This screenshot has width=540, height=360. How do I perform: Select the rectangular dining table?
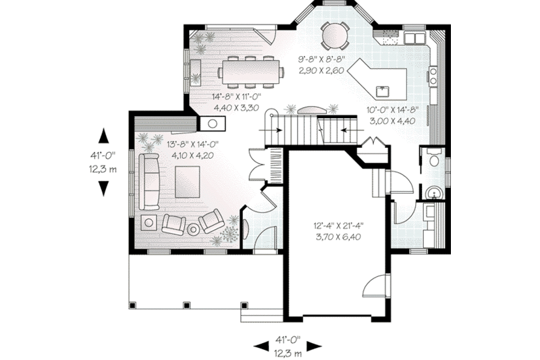click(250, 70)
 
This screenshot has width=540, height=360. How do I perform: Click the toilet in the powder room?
click(433, 159)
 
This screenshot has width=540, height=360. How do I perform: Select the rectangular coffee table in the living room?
click(187, 181)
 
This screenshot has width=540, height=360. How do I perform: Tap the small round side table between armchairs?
click(193, 228)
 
